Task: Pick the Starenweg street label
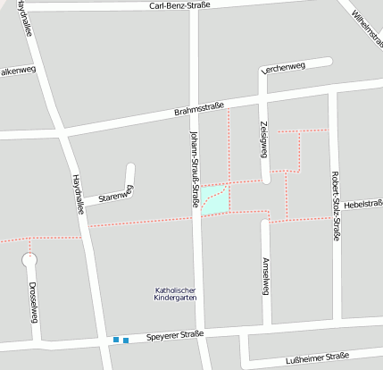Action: coord(115,194)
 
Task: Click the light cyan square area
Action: coord(214,199)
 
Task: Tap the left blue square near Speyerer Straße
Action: coord(116,340)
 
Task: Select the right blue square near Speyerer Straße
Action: coord(126,341)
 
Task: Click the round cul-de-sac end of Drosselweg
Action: coord(30,261)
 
